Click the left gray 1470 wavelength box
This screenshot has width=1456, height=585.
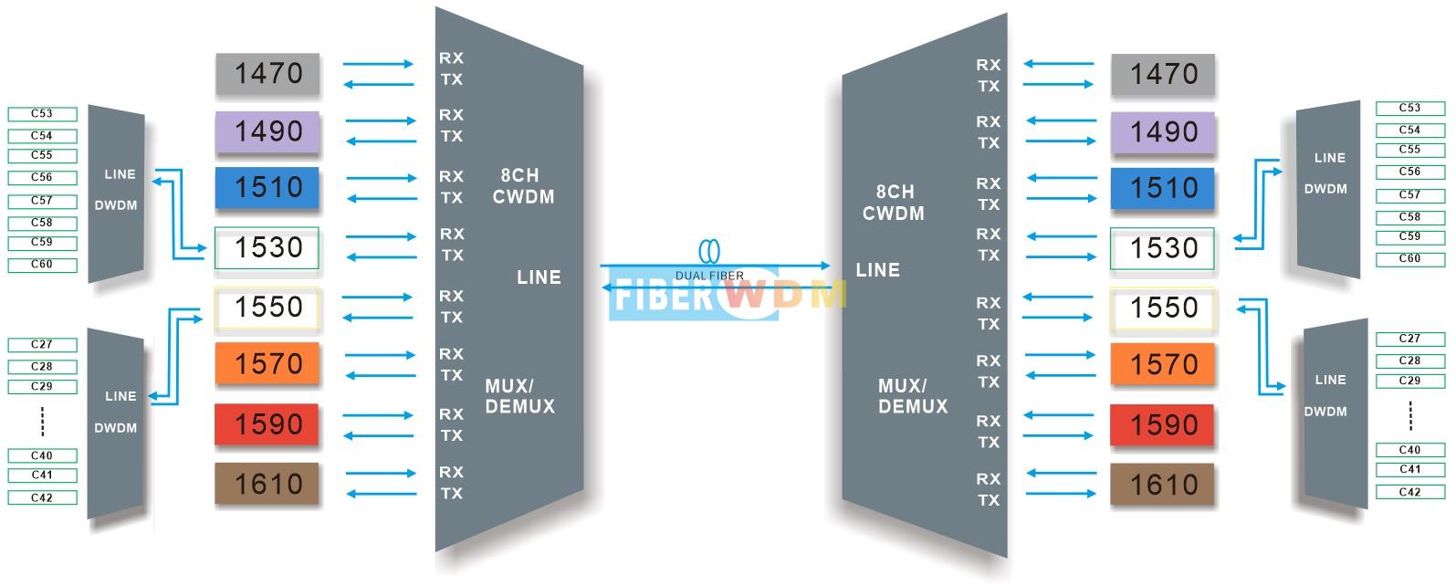pyautogui.click(x=267, y=73)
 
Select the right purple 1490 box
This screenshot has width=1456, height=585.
pyautogui.click(x=1163, y=132)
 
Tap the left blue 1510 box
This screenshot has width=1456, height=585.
pyautogui.click(x=267, y=188)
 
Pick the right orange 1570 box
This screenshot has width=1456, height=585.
pyautogui.click(x=1163, y=364)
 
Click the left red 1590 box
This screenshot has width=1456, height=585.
pyautogui.click(x=267, y=424)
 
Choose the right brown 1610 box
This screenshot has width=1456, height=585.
pyautogui.click(x=1162, y=485)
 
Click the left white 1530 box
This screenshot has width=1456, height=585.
pyautogui.click(x=267, y=247)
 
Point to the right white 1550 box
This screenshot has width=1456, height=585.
pyautogui.click(x=1163, y=308)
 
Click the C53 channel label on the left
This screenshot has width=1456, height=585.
pyautogui.click(x=42, y=114)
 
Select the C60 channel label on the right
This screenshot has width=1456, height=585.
pyautogui.click(x=1409, y=259)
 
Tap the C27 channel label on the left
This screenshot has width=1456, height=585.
pyautogui.click(x=42, y=344)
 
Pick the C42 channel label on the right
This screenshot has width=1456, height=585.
pyautogui.click(x=1409, y=493)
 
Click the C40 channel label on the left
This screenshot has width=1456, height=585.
pyautogui.click(x=42, y=455)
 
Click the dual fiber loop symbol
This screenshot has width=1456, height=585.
pyautogui.click(x=709, y=251)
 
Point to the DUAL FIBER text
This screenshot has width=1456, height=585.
pyautogui.click(x=709, y=277)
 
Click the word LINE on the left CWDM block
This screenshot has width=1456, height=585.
pyautogui.click(x=539, y=277)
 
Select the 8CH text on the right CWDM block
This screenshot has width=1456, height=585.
pyautogui.click(x=895, y=192)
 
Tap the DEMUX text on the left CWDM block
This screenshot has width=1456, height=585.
pyautogui.click(x=520, y=407)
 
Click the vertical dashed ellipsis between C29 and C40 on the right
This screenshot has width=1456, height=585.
pyautogui.click(x=1410, y=416)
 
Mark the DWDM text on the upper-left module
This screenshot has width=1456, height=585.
pyautogui.click(x=116, y=205)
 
